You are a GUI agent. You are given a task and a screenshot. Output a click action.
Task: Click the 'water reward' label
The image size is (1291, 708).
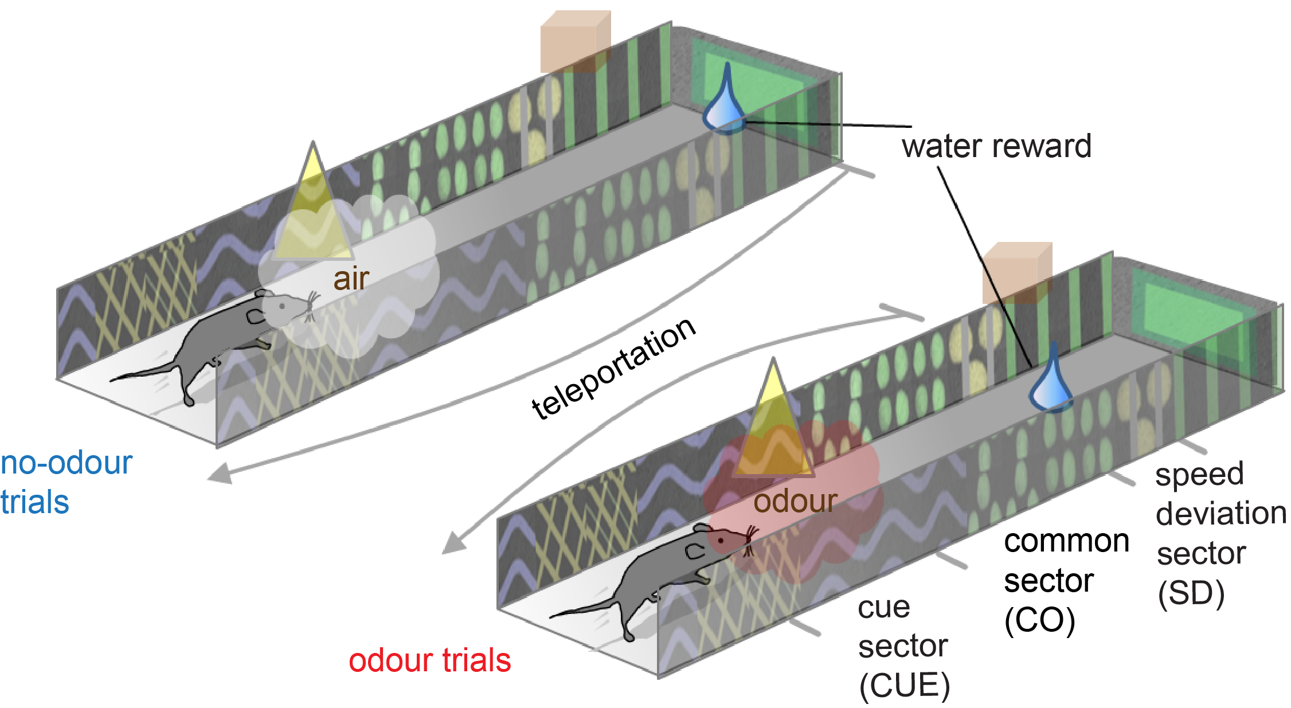[996, 146]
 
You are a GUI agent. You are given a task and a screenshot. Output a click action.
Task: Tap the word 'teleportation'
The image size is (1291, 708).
[613, 369]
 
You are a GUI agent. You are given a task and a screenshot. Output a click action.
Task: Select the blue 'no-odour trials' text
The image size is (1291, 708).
[65, 482]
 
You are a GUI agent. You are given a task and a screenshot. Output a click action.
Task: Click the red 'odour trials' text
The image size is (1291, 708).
[429, 660]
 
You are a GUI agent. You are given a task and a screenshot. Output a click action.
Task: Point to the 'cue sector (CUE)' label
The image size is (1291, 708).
[903, 646]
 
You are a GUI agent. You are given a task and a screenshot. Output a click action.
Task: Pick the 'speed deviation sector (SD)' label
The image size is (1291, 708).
[1220, 533]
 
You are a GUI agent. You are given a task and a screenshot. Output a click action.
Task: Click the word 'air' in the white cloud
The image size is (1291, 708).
[351, 279]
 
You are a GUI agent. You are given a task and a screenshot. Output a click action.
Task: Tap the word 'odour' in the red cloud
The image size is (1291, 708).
[795, 501]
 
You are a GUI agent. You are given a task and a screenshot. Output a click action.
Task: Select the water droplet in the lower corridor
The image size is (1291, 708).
[1052, 381]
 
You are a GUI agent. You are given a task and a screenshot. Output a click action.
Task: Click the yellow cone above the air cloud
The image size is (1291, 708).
[313, 206]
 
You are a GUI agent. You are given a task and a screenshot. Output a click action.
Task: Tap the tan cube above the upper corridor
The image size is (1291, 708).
[575, 42]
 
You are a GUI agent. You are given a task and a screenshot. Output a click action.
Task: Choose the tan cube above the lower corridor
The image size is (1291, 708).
[1017, 273]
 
